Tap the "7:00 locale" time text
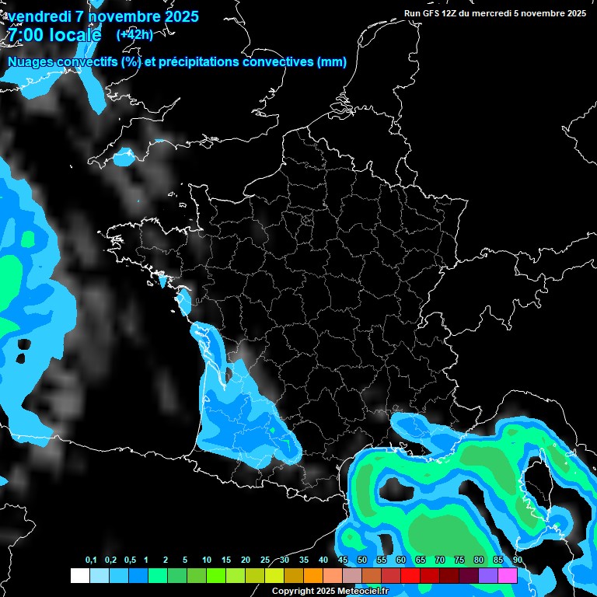click(54, 35)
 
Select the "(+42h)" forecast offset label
click(134, 34)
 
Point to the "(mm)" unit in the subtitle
click(332, 62)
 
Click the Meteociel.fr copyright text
click(330, 592)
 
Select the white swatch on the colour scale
click(79, 575)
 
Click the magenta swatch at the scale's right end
click(508, 575)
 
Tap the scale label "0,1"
click(91, 560)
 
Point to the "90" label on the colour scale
click(517, 560)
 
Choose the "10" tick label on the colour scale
click(206, 560)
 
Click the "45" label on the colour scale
click(343, 560)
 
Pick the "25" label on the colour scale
click(265, 560)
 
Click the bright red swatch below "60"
click(410, 575)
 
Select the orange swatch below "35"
click(313, 575)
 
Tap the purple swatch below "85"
click(488, 575)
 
